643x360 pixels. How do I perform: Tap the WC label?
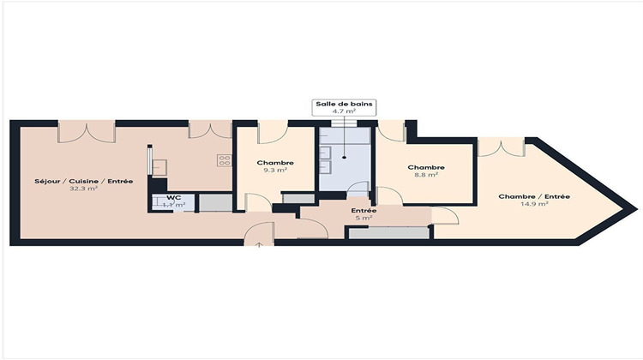(x=174, y=197)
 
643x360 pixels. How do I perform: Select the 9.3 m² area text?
(x=274, y=171)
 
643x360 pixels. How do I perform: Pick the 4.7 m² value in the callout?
(x=344, y=111)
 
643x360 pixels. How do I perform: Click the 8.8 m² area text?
(x=426, y=175)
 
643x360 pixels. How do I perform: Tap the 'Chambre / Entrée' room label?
(x=533, y=196)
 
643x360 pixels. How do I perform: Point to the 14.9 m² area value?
(x=533, y=204)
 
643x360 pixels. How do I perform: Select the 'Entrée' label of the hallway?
(x=364, y=210)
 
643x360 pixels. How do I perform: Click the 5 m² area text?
(x=364, y=218)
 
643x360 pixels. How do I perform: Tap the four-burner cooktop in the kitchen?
(x=225, y=159)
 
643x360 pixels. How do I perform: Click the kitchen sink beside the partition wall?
(x=158, y=163)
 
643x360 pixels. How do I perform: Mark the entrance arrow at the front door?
(x=259, y=245)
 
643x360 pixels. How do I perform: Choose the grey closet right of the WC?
(x=215, y=202)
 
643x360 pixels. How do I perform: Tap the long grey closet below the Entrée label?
(x=387, y=233)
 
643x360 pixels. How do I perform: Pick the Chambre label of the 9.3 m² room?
(x=274, y=163)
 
